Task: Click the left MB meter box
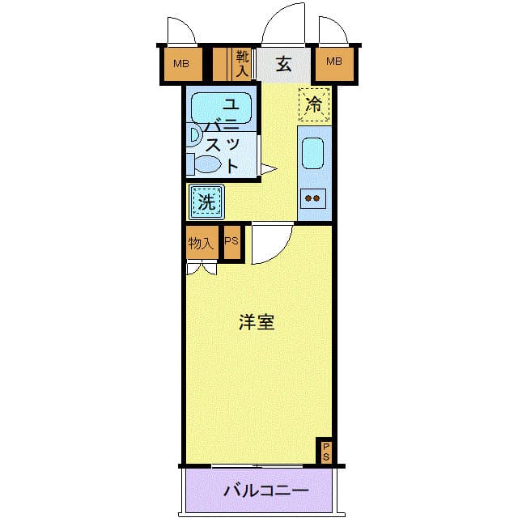pos(181,64)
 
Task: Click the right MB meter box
pos(334,64)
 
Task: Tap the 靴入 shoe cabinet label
pos(242,64)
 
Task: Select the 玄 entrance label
pos(283,64)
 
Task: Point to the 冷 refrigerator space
pos(314,104)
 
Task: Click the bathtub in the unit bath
pos(221,108)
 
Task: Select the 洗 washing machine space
pos(206,202)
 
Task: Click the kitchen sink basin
pos(313,154)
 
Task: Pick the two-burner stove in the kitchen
pos(313,198)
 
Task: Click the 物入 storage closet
pos(202,243)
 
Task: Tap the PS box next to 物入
pos(232,242)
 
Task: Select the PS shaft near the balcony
pos(325,451)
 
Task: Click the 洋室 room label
pos(257,322)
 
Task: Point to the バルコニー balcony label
pos(266,490)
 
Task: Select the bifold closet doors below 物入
pos(202,269)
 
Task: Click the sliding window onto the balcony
pos(257,466)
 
